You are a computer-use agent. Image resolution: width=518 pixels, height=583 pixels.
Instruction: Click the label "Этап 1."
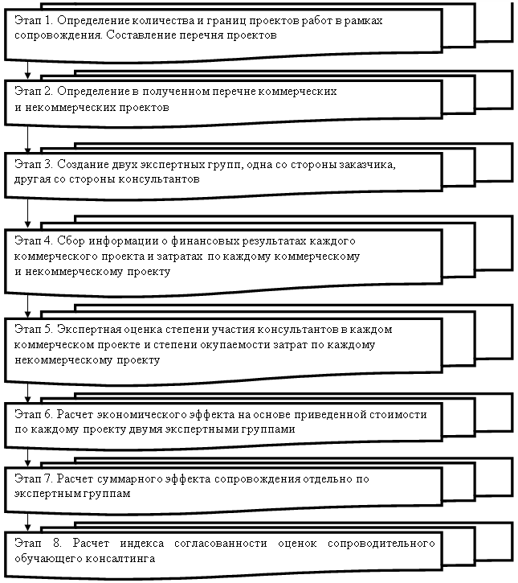(34, 20)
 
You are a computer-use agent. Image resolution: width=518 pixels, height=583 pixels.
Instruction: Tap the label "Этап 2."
(34, 91)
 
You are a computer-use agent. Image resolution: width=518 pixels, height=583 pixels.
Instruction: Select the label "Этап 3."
(34, 164)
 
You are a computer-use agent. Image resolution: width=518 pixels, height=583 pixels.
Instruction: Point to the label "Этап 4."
(34, 240)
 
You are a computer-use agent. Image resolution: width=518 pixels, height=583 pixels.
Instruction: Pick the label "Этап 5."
(34, 329)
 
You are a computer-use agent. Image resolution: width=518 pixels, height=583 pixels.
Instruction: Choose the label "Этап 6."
(34, 414)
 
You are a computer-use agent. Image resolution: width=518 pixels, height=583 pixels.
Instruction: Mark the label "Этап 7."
(34, 478)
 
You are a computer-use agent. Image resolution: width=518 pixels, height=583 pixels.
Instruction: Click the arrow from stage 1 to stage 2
(27, 69)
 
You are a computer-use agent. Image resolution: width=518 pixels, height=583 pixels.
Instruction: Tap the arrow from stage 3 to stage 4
(27, 212)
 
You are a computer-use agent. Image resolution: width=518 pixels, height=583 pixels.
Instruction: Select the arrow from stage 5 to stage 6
(27, 392)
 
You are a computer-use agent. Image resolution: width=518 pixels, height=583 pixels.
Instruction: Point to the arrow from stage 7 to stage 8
(27, 522)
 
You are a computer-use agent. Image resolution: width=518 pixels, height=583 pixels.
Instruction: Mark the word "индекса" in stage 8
(142, 544)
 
